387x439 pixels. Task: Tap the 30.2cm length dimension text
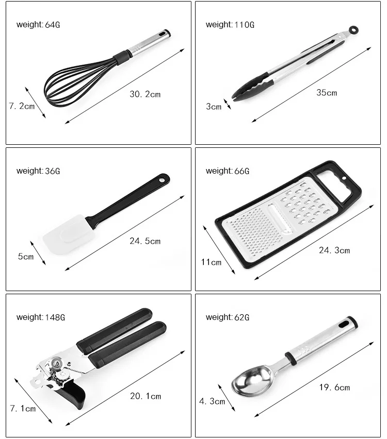(145, 94)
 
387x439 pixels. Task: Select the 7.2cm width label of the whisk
(22, 107)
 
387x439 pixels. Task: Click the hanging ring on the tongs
(353, 30)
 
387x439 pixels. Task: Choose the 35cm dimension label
(327, 93)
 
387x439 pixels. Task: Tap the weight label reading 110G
(230, 24)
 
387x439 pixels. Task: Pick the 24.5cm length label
(145, 241)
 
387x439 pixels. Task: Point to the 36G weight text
(38, 171)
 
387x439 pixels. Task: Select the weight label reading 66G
(228, 171)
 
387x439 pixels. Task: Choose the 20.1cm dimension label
(146, 396)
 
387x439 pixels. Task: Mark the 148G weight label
(41, 317)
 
